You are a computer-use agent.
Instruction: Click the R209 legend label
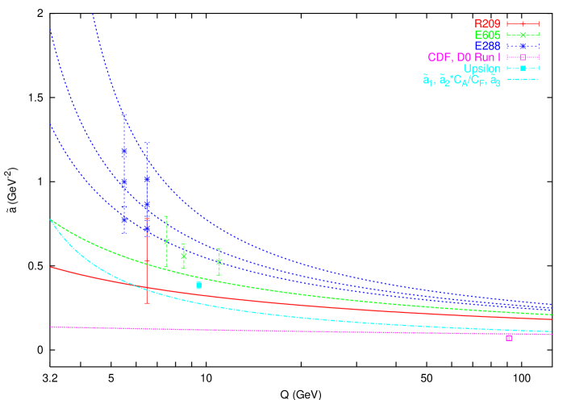coord(488,24)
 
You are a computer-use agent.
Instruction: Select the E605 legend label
coord(488,35)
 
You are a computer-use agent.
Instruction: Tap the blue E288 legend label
coord(488,47)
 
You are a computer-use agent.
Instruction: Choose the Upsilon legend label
coord(481,69)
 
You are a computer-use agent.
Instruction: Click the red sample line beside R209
coord(523,24)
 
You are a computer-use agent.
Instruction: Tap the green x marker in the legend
coord(523,35)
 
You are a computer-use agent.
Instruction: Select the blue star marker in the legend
coord(523,47)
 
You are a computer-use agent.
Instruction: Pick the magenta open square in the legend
coord(523,58)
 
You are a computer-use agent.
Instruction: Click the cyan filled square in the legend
coord(523,69)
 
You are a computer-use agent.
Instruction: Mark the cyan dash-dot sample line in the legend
coord(523,80)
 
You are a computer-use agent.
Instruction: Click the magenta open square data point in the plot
coord(509,338)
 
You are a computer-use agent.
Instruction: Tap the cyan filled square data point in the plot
coord(198,285)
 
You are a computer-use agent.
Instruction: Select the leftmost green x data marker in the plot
coord(167,241)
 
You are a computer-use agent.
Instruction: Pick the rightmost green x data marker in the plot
coord(219,261)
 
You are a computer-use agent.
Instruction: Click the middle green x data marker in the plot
coord(184,256)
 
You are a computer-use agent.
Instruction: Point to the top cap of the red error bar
coord(147,219)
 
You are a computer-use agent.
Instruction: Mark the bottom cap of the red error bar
coord(147,303)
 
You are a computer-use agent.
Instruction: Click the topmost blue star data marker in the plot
coord(124,151)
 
